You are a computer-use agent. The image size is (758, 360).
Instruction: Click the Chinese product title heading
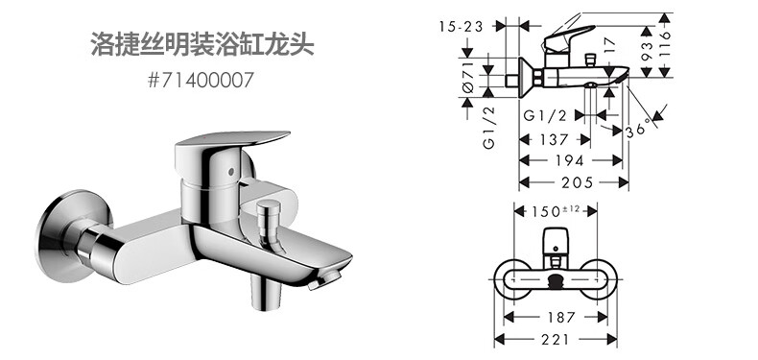[x=202, y=44]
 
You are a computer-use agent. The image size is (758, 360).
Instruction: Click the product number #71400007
[x=201, y=81]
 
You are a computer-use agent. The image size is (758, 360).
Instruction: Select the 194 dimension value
[x=570, y=160]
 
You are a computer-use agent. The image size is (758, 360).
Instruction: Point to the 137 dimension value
[x=554, y=139]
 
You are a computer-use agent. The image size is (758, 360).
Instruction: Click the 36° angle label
[x=638, y=128]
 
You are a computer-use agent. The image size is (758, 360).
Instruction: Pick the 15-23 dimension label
[x=461, y=27]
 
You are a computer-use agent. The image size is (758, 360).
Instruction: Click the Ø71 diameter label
[x=468, y=78]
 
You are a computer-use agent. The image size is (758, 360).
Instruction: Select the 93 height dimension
[x=647, y=50]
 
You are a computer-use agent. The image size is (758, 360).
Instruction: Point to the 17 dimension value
[x=610, y=45]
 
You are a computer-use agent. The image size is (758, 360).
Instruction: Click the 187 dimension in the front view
[x=561, y=317]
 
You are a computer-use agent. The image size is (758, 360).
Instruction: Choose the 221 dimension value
[x=555, y=339]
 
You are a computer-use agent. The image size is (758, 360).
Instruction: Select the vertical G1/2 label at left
[x=489, y=129]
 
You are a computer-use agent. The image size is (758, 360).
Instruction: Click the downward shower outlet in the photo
[x=266, y=291]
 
